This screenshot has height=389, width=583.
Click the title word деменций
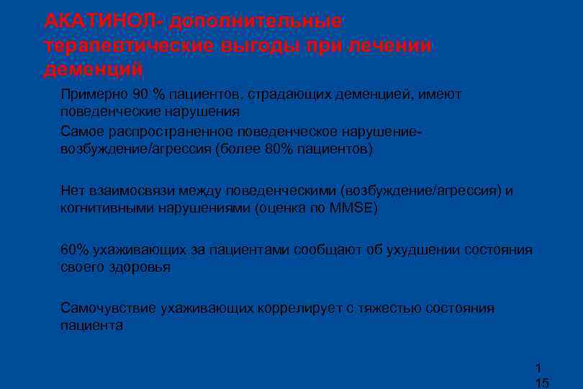point(93,70)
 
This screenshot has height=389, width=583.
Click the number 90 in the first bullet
point(141,94)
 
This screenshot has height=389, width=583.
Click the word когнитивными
point(101,208)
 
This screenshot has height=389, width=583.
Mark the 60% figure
point(74,250)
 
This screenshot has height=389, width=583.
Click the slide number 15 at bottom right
point(542,383)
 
